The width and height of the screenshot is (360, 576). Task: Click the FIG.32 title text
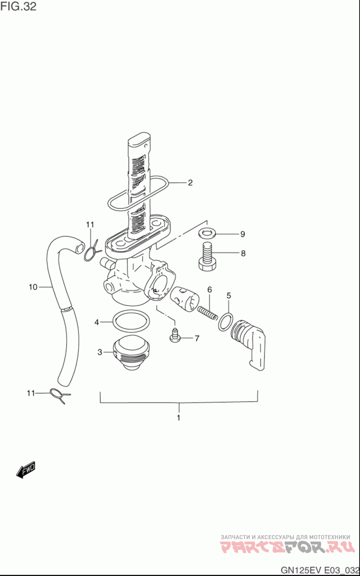[18, 7]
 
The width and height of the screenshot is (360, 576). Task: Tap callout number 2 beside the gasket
[190, 183]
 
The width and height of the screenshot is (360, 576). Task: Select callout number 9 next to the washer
[243, 234]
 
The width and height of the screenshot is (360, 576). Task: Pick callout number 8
[243, 253]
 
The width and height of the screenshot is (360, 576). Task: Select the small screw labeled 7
[175, 335]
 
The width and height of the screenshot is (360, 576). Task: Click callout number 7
[197, 339]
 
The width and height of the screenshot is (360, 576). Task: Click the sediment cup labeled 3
[131, 353]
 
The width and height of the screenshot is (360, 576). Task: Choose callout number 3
[100, 352]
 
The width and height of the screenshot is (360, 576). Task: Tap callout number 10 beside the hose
[33, 287]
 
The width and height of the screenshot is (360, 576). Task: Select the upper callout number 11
[90, 225]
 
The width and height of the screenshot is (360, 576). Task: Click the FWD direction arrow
[26, 470]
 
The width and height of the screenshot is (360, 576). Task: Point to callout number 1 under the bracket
[179, 418]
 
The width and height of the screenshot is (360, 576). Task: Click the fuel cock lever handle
[248, 344]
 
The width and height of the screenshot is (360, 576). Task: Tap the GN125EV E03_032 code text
[320, 569]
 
